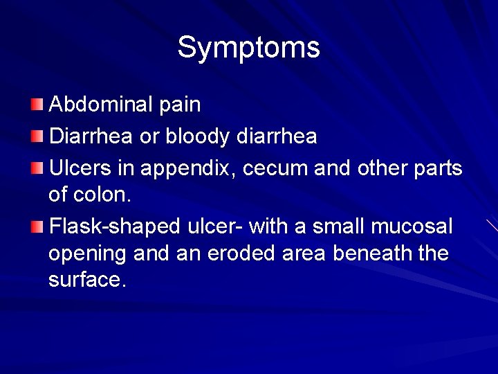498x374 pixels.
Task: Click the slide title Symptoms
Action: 248,48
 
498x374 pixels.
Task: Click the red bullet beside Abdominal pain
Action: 37,105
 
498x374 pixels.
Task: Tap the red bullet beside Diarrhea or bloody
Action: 37,136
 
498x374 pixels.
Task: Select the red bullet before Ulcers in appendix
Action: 37,168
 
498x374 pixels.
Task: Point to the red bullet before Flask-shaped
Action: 37,226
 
